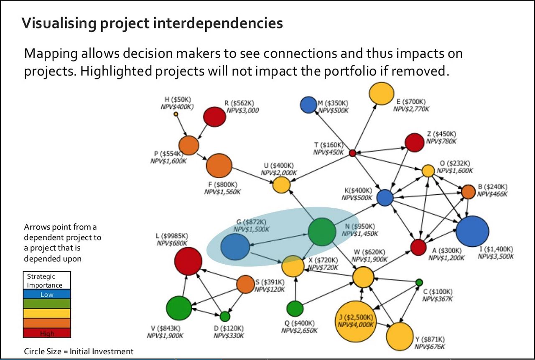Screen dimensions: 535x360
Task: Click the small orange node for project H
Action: point(176,114)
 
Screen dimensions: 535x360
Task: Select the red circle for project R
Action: point(214,117)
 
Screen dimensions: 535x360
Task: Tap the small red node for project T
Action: point(352,153)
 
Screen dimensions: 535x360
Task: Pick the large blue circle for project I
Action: point(472,231)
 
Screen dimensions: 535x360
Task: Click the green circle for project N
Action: point(322,232)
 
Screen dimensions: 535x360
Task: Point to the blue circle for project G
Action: point(235,247)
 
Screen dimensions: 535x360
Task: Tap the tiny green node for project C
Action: point(419,282)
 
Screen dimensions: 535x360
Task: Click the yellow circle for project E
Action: point(382,93)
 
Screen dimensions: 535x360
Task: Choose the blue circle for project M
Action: point(308,105)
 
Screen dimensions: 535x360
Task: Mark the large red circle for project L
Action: point(188,261)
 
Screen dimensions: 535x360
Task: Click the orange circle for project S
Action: point(245,284)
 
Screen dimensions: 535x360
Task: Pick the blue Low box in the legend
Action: point(47,294)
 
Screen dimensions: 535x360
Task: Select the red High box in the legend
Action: point(47,333)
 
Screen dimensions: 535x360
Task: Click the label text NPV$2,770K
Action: point(411,109)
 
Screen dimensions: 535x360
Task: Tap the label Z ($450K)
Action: point(441,134)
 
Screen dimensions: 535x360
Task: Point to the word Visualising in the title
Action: point(59,23)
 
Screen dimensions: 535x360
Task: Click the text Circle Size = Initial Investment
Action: point(79,351)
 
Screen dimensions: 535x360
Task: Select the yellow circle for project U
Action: point(282,185)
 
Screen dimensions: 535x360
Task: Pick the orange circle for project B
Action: point(468,192)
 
